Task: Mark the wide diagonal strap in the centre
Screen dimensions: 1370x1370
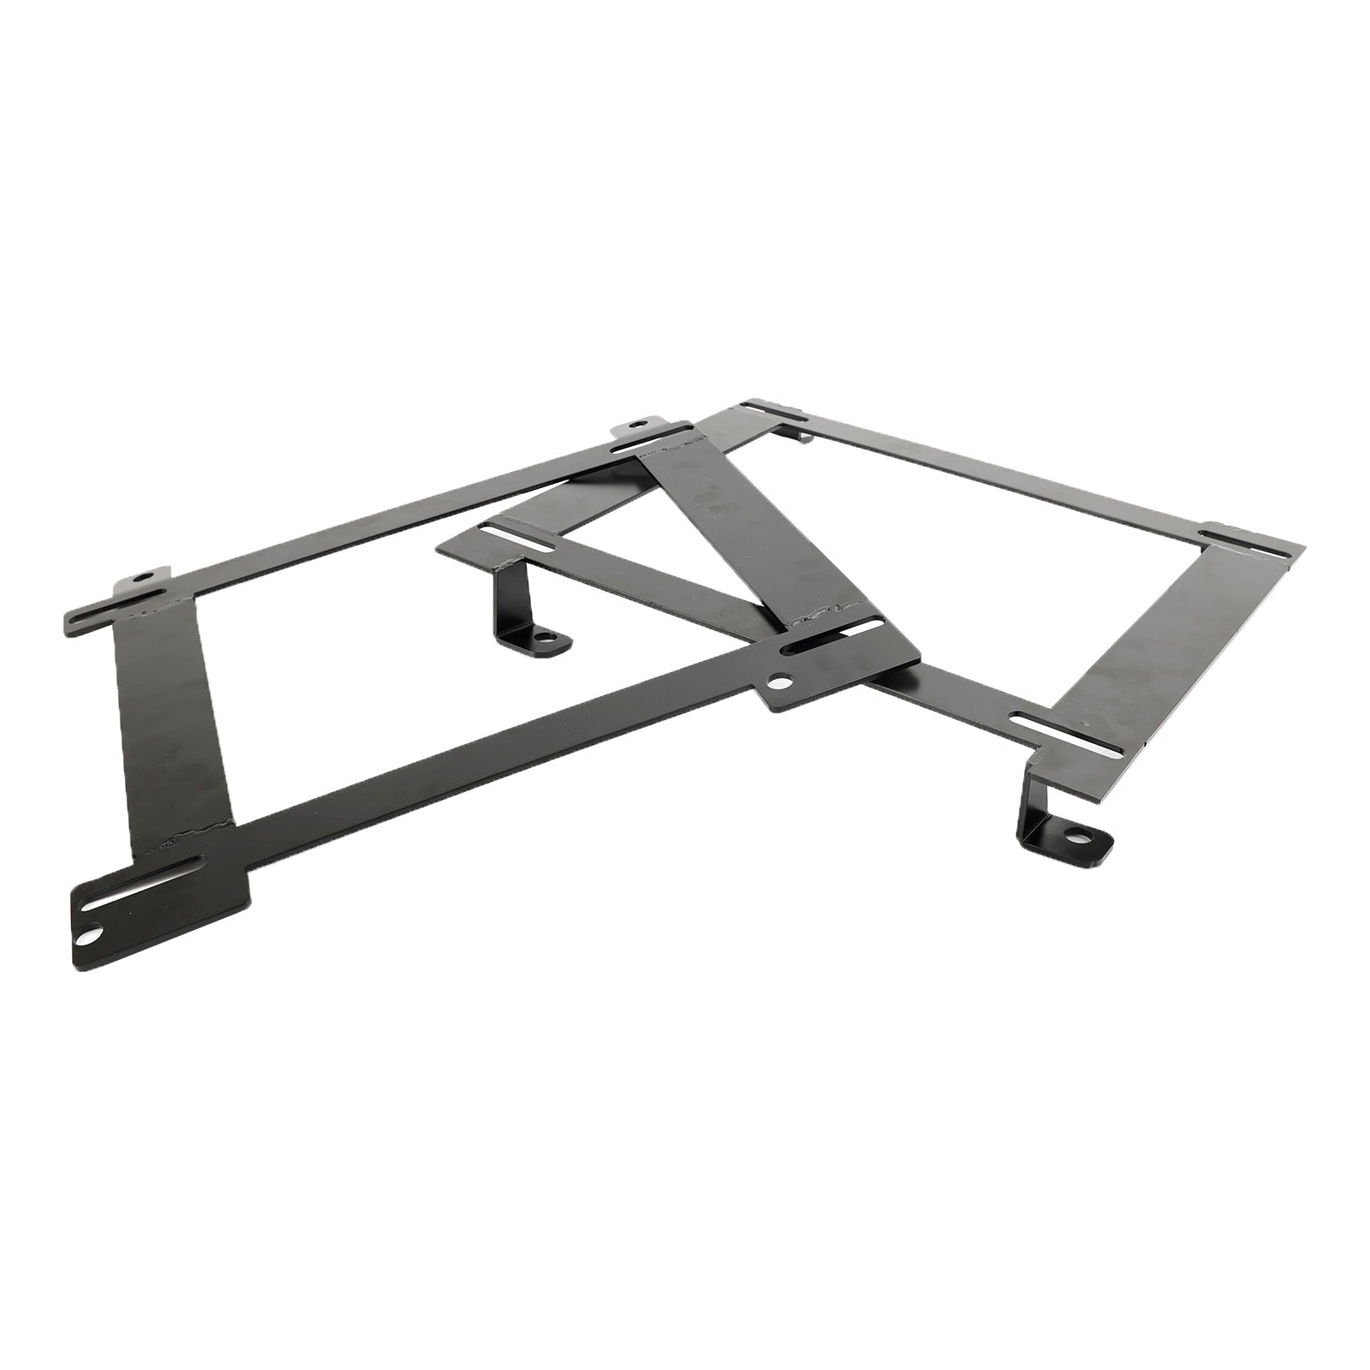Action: point(753,548)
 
